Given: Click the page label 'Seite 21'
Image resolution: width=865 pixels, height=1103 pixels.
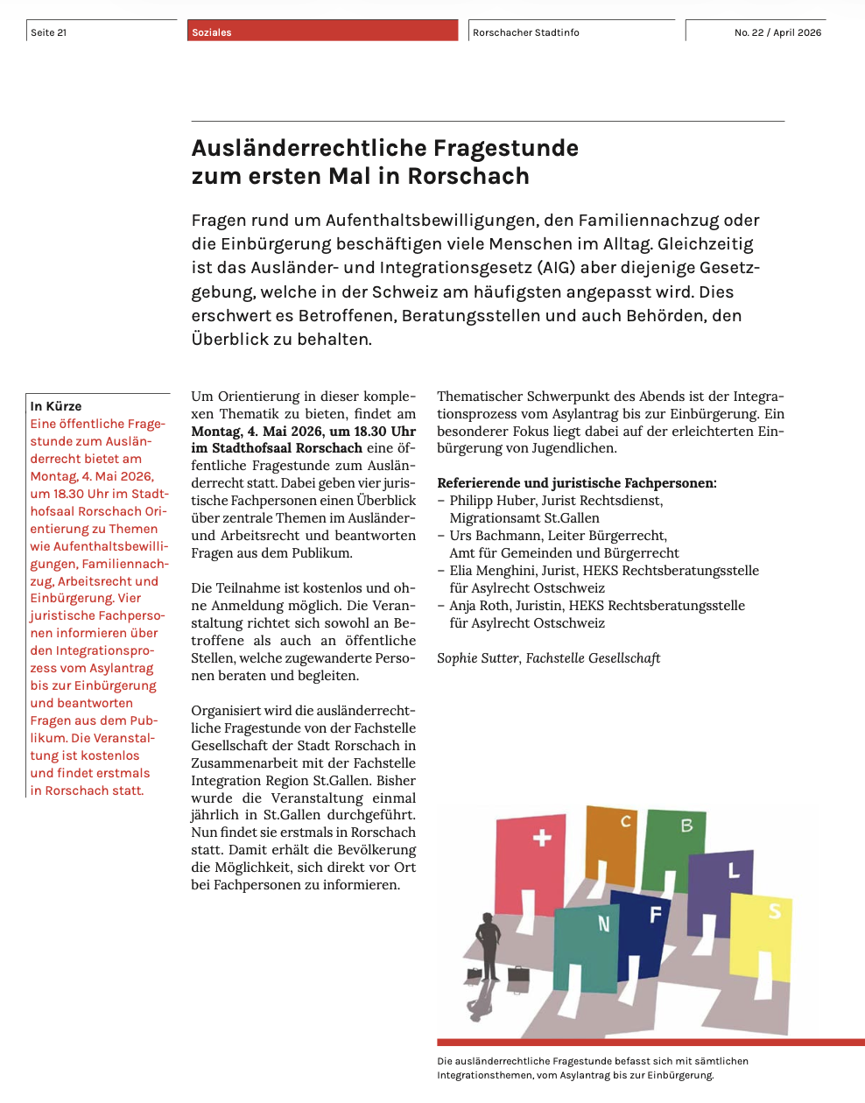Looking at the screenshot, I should click(49, 32).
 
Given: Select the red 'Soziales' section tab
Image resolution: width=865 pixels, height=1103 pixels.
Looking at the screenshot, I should click(212, 32).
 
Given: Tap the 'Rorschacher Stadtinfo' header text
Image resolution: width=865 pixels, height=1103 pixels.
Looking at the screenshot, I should click(526, 32).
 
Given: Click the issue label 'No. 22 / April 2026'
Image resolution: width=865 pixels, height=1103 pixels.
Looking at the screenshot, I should click(777, 32).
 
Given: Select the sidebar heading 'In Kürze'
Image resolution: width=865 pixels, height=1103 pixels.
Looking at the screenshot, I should click(56, 406).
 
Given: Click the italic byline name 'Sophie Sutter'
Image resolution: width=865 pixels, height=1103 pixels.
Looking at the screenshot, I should click(477, 658).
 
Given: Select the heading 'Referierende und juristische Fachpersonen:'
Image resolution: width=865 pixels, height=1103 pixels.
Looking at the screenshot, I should click(576, 483).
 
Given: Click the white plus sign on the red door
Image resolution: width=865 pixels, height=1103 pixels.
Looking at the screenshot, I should click(542, 838).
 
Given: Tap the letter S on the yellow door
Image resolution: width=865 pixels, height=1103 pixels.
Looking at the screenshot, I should click(774, 911).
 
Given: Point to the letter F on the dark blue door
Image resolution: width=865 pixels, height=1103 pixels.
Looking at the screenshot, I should click(655, 916).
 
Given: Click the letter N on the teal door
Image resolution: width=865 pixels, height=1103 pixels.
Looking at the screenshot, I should click(603, 924).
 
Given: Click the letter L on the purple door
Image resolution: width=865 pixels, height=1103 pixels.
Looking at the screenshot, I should click(734, 871).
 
